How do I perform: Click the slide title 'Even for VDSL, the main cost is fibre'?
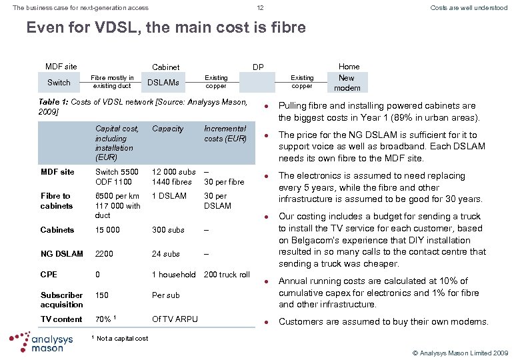pyautogui.click(x=165, y=28)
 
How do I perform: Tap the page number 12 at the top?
pyautogui.click(x=260, y=8)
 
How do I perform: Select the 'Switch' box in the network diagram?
pyautogui.click(x=59, y=83)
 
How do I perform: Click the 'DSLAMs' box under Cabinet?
pyautogui.click(x=163, y=83)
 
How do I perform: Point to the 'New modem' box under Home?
pyautogui.click(x=347, y=83)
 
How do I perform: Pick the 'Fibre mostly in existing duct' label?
pyautogui.click(x=111, y=82)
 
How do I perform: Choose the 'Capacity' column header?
pyautogui.click(x=167, y=129)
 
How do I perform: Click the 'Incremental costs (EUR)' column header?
pyautogui.click(x=225, y=133)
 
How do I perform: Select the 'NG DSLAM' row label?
pyautogui.click(x=62, y=254)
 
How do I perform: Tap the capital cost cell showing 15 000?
pyautogui.click(x=107, y=230)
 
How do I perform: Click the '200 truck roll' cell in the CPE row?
pyautogui.click(x=227, y=275)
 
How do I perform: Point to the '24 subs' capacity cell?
pyautogui.click(x=166, y=254)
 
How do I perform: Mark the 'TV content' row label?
pyautogui.click(x=61, y=319)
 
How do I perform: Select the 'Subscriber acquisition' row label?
pyautogui.click(x=62, y=300)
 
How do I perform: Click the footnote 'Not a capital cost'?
pyautogui.click(x=123, y=339)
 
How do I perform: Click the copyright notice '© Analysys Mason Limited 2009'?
pyautogui.click(x=461, y=351)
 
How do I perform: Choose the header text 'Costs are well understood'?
pyautogui.click(x=469, y=8)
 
